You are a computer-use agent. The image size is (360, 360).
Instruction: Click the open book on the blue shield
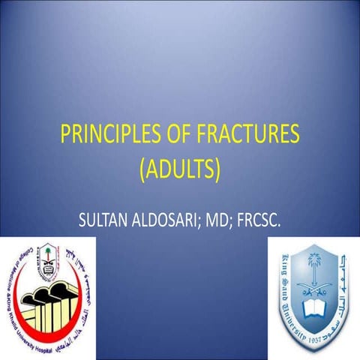(311, 307)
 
